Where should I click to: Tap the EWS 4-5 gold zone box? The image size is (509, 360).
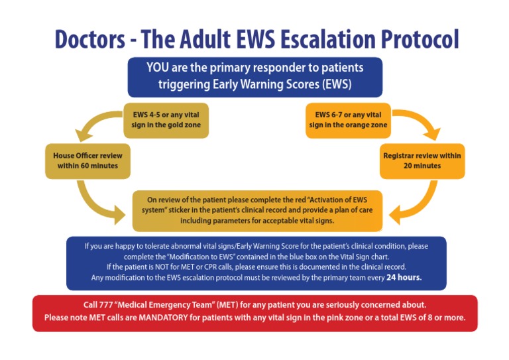pos(166,120)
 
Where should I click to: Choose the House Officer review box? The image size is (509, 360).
pos(87,160)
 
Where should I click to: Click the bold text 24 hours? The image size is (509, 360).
pos(404,278)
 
